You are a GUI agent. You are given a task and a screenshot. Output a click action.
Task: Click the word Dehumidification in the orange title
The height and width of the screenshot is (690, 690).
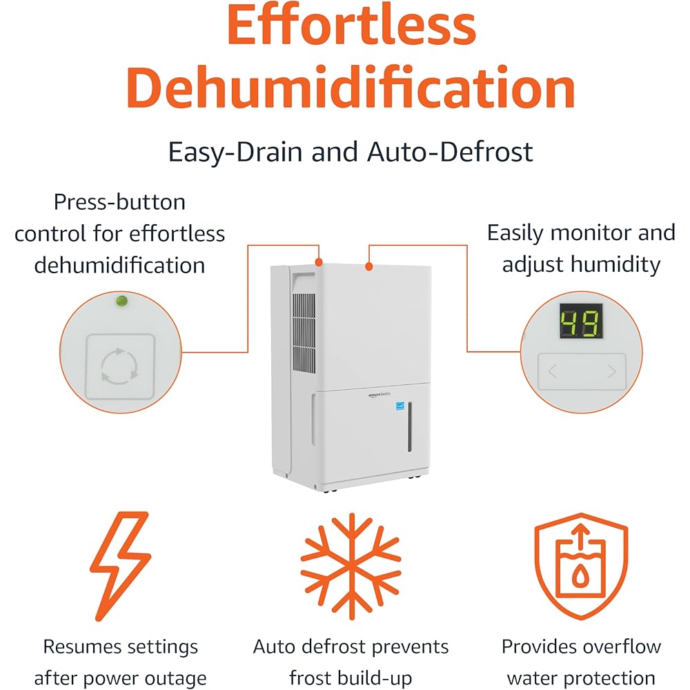[351, 88]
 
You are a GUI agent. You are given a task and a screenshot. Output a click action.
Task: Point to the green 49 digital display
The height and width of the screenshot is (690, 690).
[580, 321]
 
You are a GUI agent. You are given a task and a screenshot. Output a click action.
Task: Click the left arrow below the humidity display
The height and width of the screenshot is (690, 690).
[553, 373]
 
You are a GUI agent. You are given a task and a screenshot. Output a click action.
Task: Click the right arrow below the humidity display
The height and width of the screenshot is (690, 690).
[611, 373]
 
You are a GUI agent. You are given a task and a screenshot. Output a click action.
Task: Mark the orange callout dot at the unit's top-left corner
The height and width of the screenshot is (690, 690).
[319, 262]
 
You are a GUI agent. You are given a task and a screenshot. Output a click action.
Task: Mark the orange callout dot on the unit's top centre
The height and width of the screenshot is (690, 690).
[369, 266]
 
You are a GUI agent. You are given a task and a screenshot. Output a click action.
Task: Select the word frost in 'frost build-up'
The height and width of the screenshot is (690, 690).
[317, 678]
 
